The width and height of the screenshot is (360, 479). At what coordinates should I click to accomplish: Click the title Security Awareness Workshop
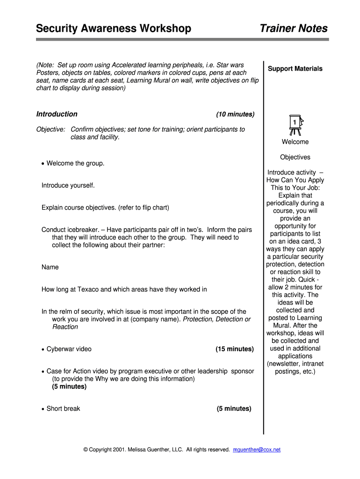[x=114, y=29]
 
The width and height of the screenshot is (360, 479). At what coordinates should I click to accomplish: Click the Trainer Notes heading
[x=294, y=29]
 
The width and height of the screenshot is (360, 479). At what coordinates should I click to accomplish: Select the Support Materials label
[x=295, y=69]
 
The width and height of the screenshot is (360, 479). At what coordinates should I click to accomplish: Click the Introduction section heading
[x=57, y=114]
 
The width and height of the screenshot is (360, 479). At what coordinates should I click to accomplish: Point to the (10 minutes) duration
[x=235, y=114]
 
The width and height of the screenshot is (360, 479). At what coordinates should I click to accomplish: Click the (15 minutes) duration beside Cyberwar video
[x=235, y=349]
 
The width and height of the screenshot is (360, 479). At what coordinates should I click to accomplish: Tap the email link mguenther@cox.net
[x=257, y=450]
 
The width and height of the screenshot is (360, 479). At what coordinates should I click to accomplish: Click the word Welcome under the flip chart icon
[x=295, y=142]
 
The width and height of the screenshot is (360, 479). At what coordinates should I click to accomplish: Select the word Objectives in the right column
[x=295, y=157]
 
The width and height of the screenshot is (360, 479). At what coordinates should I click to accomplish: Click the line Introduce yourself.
[x=68, y=185]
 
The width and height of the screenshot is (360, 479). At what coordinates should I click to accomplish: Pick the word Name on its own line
[x=50, y=267]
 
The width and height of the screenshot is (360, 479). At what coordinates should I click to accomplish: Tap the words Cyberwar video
[x=69, y=349]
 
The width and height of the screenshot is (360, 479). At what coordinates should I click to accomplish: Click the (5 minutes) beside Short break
[x=234, y=408]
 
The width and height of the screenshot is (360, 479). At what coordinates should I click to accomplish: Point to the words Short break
[x=63, y=408]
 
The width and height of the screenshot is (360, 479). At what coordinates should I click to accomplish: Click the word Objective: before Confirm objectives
[x=50, y=129]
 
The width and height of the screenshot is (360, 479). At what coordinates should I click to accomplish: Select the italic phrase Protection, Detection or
[x=216, y=319]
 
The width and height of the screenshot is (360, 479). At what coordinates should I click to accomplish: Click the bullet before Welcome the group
[x=43, y=164]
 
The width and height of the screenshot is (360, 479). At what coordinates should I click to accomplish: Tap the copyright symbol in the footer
[x=86, y=450]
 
